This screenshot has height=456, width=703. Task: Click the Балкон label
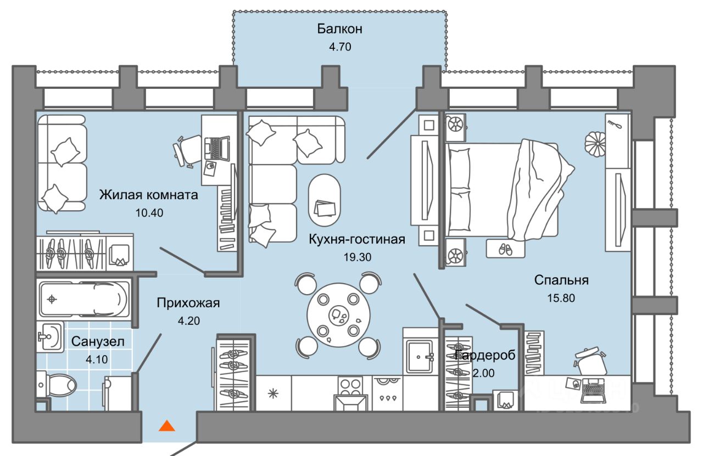click(x=339, y=29)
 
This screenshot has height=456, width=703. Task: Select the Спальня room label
click(x=561, y=280)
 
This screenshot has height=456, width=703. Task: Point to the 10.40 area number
click(x=150, y=212)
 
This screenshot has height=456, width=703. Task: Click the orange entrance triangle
click(x=166, y=425)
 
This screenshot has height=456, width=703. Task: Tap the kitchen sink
click(x=420, y=357)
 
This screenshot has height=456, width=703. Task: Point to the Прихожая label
click(x=188, y=302)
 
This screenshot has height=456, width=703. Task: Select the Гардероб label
click(x=486, y=355)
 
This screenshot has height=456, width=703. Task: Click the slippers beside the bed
click(x=504, y=249)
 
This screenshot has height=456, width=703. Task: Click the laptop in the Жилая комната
click(x=216, y=147)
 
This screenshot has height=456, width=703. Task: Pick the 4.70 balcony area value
click(x=339, y=47)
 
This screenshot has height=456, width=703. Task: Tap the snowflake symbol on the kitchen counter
click(x=273, y=393)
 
